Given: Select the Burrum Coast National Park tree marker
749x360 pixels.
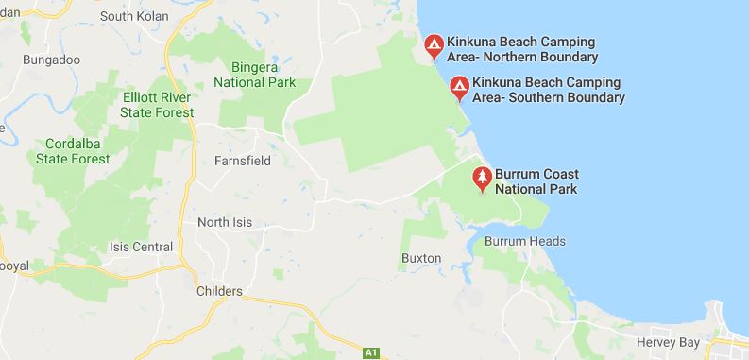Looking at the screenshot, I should (x=483, y=179).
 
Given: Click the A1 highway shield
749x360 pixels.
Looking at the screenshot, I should (x=372, y=352).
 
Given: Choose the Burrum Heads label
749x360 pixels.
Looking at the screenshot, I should (x=524, y=241).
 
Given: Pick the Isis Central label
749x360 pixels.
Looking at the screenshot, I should (x=141, y=248).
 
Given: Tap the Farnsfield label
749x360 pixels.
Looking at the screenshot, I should (x=243, y=161).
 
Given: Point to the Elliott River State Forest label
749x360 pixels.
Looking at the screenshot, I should (x=157, y=105).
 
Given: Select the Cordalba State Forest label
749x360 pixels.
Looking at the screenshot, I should (x=72, y=151).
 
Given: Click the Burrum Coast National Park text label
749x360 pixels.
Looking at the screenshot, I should (x=540, y=181).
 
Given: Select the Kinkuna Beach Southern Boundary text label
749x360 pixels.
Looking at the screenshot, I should (x=550, y=90).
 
